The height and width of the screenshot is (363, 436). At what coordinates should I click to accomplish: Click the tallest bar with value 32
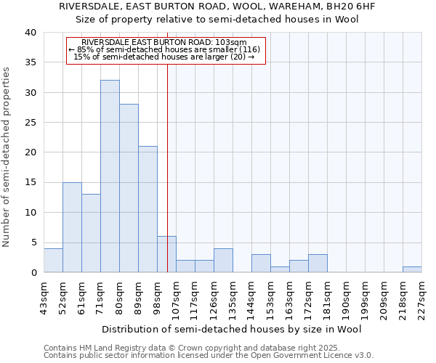[x=110, y=176]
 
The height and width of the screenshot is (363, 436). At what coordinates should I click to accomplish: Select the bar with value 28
[x=129, y=188]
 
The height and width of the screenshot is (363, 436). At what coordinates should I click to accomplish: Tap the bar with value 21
[x=148, y=209]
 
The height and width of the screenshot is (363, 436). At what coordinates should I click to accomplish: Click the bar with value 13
[x=91, y=233]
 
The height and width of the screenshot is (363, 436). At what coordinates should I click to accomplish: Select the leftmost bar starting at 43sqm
[x=53, y=260]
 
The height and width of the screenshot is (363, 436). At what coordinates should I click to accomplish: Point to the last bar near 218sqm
[x=412, y=269]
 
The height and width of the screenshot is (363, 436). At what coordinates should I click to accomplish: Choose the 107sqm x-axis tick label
[x=176, y=296]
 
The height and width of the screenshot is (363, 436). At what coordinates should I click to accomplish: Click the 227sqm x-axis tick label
[x=421, y=296]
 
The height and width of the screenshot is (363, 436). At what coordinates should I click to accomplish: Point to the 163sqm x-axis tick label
[x=289, y=296]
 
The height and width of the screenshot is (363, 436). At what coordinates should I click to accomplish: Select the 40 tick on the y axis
[x=30, y=33]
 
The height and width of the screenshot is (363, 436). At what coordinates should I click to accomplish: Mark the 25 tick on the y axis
[x=30, y=123]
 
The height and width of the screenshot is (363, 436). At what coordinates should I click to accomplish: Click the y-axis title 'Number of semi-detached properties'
[x=7, y=157]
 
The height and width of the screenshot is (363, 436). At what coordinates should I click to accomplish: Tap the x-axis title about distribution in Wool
[x=232, y=329]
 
